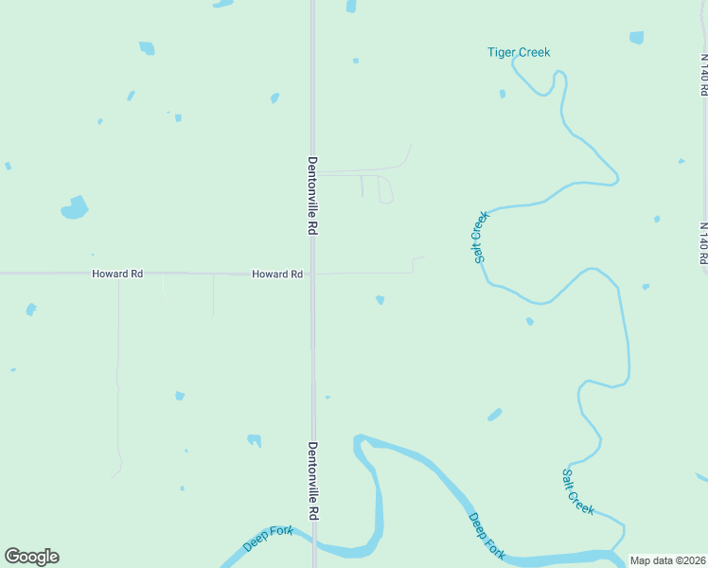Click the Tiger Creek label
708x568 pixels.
[518, 52]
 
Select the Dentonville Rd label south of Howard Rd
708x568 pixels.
[312, 480]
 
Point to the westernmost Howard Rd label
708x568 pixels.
[117, 274]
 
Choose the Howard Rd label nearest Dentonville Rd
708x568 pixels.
[277, 274]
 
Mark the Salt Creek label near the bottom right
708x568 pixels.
[578, 491]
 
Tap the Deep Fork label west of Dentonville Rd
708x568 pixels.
[268, 539]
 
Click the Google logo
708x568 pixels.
[31, 557]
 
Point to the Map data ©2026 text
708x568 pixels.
[667, 560]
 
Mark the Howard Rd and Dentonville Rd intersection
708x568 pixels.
[313, 274]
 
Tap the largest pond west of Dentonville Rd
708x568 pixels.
[75, 207]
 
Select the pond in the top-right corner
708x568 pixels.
[636, 38]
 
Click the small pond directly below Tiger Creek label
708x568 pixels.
[503, 94]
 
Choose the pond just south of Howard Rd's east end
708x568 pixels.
[380, 300]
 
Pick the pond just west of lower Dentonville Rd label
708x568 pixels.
[254, 439]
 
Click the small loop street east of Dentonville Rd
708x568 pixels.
[385, 189]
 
